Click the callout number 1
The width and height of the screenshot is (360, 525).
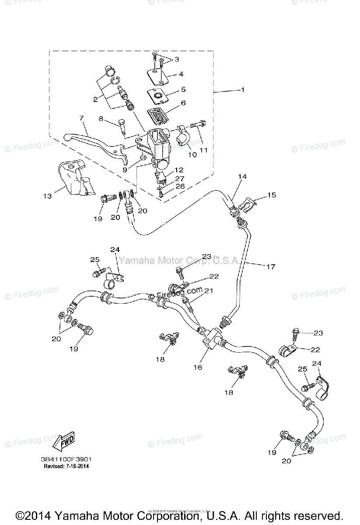tap(243, 90)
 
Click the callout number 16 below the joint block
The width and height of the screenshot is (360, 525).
tap(198, 367)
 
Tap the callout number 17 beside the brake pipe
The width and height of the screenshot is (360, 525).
tap(271, 266)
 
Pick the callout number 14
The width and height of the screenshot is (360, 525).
tap(242, 176)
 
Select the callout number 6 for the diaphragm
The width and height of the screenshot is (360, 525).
tap(183, 103)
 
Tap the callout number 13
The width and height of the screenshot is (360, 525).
tap(47, 196)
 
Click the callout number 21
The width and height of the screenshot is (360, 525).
tap(209, 290)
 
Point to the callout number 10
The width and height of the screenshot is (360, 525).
tap(192, 154)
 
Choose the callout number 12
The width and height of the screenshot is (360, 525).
tap(179, 170)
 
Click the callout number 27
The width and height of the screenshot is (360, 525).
tap(180, 178)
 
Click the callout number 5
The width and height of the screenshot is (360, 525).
tap(183, 89)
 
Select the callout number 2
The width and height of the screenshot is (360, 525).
tap(95, 99)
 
